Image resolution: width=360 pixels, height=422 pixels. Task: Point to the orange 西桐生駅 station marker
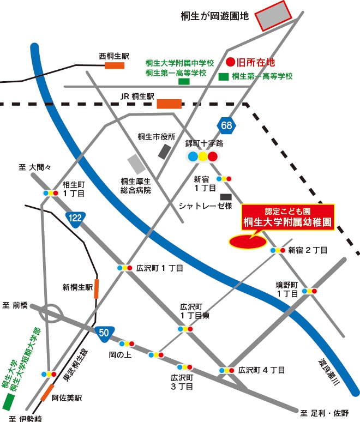click(115, 65)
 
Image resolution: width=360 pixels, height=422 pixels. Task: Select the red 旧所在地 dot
click(230, 62)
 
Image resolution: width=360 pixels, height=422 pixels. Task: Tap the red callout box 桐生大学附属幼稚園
click(287, 217)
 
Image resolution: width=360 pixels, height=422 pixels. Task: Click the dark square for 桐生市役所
click(164, 151)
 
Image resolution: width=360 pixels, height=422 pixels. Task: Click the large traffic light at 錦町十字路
click(202, 157)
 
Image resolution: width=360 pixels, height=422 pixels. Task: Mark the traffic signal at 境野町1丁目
click(309, 291)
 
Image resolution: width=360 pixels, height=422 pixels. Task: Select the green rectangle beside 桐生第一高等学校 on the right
click(224, 77)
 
